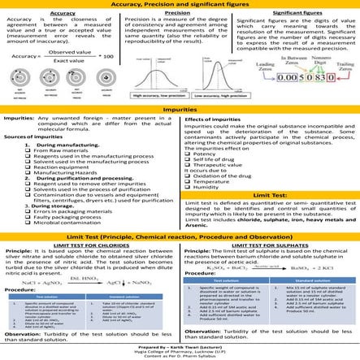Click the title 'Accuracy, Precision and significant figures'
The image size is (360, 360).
click(180, 5)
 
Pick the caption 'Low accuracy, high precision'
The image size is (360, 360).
click(215, 94)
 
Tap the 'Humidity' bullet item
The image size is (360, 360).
click(209, 186)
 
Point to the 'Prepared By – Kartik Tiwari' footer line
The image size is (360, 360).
click(180, 345)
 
